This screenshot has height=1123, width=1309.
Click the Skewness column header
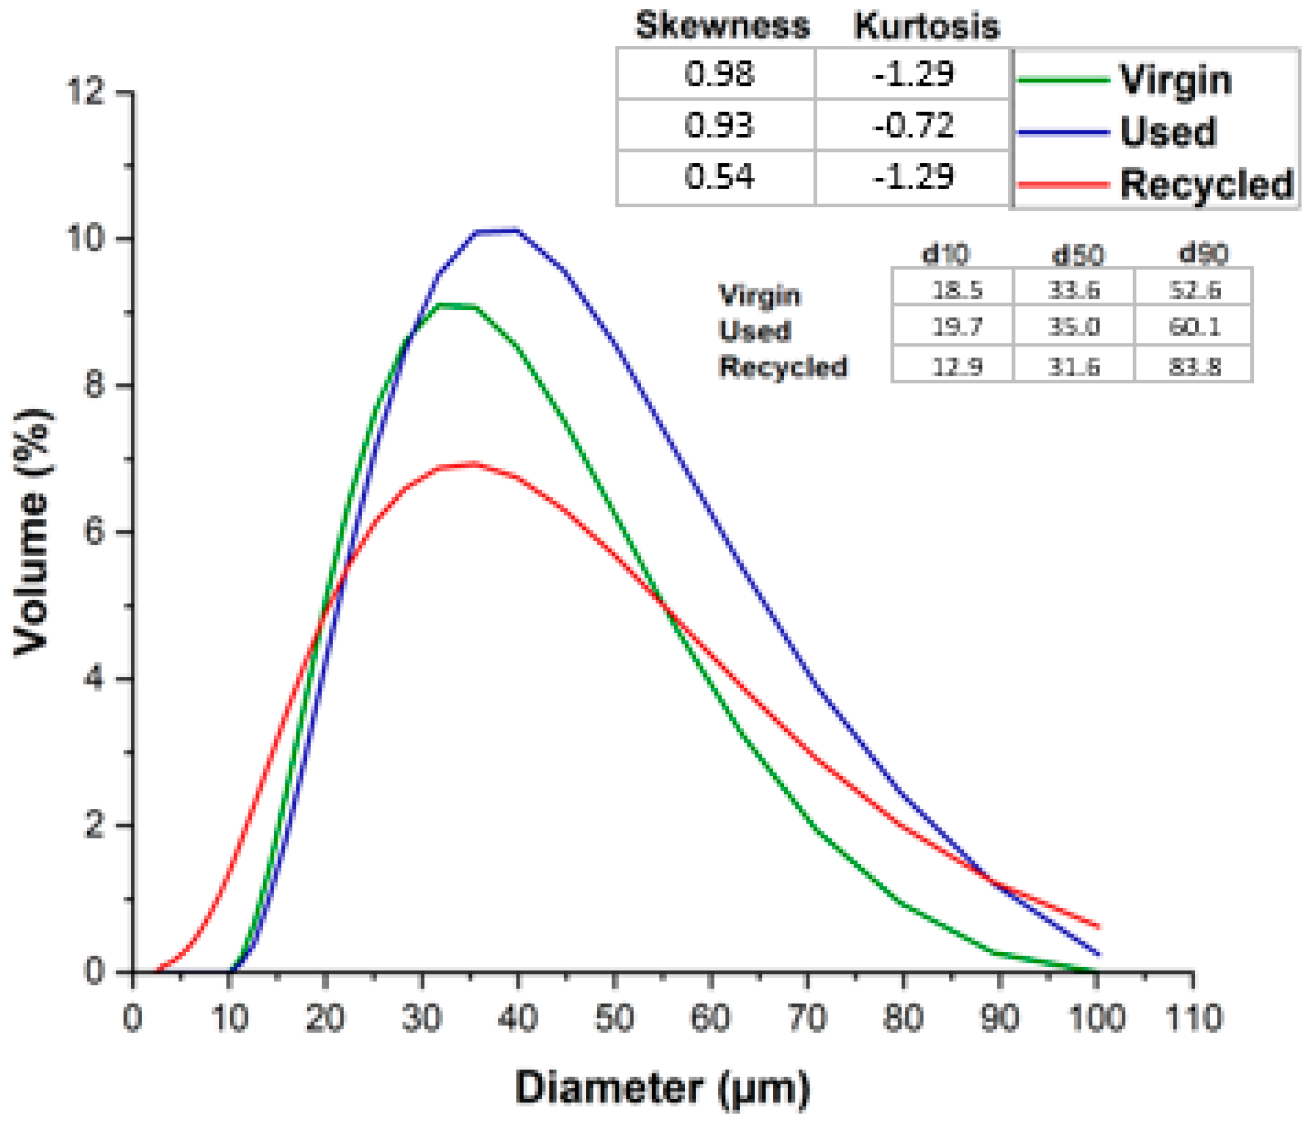pos(722,26)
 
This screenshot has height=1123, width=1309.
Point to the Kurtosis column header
pos(926,26)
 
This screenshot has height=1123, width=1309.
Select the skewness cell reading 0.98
pos(718,74)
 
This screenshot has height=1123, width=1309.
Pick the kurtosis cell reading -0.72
pos(913,125)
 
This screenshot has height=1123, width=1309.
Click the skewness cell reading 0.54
pos(718,176)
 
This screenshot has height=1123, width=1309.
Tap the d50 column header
pos(1077,255)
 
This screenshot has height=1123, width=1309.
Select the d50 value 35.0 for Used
pos(1074,327)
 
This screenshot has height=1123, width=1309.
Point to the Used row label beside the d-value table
pos(754,331)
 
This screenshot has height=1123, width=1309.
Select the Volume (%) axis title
pos(32,532)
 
